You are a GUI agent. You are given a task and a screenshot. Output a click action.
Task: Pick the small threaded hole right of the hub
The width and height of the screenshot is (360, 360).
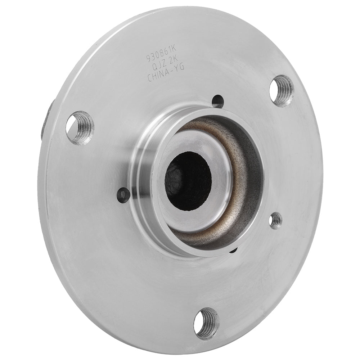pos(276,220)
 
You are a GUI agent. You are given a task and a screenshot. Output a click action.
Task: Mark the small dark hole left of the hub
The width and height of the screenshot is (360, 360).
pos(123,194)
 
